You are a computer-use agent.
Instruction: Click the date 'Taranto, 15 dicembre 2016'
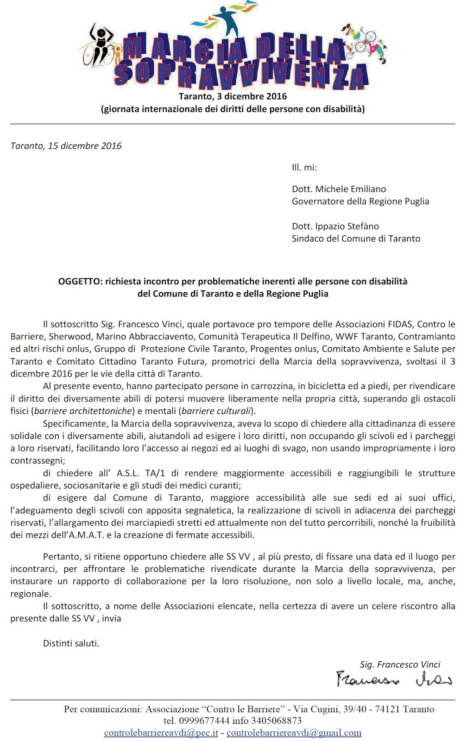pos(66,146)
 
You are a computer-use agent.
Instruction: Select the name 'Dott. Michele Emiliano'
pos(339,189)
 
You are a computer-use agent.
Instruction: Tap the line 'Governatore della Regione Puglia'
pos(360,201)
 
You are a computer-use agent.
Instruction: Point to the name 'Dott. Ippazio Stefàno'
pos(335,226)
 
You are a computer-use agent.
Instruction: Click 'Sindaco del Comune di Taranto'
pos(356,239)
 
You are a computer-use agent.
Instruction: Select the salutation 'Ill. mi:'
pos(304,168)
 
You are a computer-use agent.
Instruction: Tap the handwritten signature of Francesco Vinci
pos(393,679)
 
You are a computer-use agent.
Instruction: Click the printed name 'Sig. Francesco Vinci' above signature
pos(400,665)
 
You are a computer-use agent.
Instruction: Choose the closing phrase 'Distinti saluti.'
pos(71,643)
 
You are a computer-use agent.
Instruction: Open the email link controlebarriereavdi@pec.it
pos(161,733)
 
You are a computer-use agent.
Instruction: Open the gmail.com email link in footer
pos(294,733)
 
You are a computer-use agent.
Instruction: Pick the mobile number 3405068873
pos(276,721)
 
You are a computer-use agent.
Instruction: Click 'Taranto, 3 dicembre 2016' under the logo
pos(233,97)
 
